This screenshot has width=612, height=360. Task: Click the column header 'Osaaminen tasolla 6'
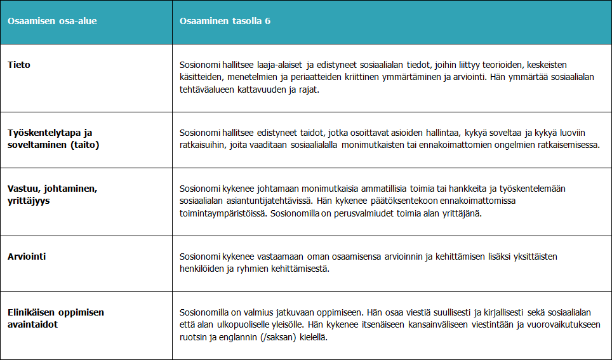click(x=225, y=21)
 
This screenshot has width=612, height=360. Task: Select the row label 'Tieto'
click(x=19, y=65)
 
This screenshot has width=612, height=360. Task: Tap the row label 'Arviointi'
click(x=27, y=257)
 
